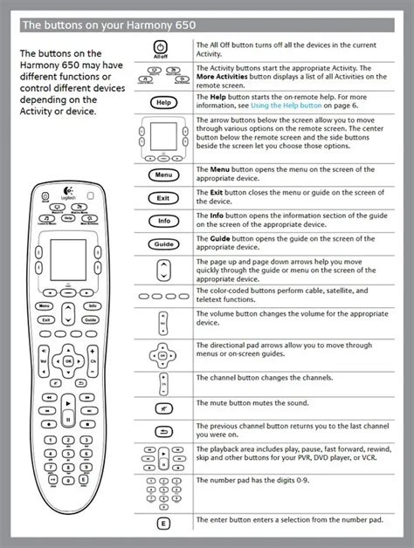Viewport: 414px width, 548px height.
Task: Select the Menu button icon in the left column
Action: click(x=162, y=175)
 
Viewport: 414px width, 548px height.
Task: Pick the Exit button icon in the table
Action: click(x=162, y=199)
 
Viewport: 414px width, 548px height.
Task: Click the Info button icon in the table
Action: click(x=162, y=222)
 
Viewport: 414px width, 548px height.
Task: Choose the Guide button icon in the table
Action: click(x=162, y=244)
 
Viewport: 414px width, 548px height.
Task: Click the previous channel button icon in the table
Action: click(x=162, y=431)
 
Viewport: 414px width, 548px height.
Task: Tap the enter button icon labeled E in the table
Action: click(x=162, y=524)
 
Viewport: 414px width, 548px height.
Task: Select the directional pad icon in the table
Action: click(x=162, y=355)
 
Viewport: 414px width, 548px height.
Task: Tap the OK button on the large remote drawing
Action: click(x=68, y=358)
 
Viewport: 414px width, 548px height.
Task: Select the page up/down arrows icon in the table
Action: click(x=162, y=272)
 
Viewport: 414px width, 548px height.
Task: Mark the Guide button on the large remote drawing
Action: click(x=92, y=321)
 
